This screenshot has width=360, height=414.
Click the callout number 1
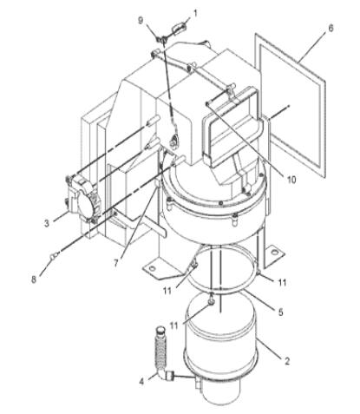pos(196,13)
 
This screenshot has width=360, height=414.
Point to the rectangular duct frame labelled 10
pos(230,130)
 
